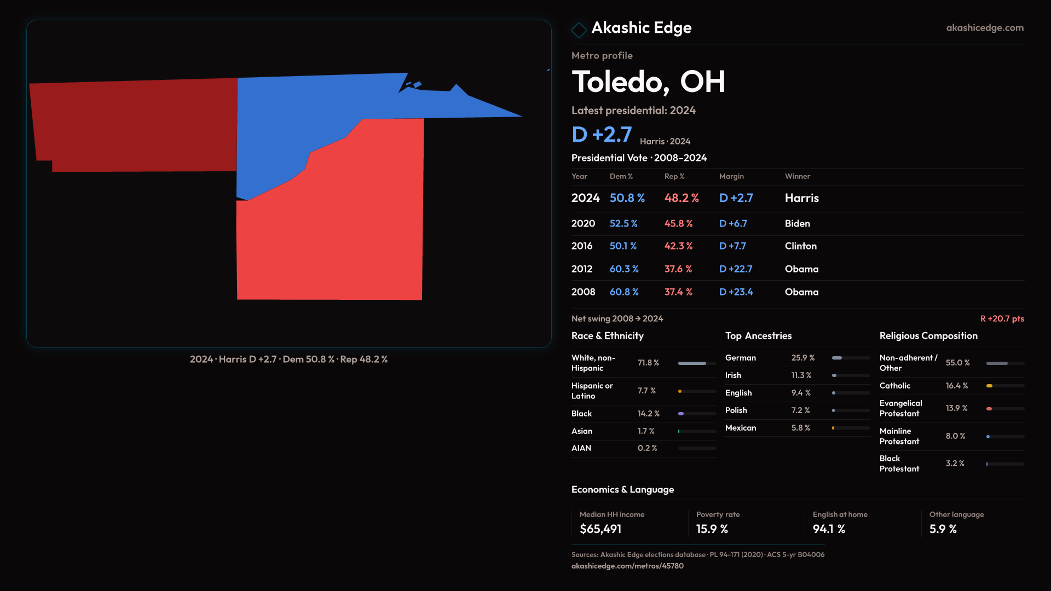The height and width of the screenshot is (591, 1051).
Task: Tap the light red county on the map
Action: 339,230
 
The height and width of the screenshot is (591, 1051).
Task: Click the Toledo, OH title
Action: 649,82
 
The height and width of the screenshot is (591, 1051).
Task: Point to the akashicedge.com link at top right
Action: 985,28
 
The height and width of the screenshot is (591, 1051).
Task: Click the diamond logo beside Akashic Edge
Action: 579,30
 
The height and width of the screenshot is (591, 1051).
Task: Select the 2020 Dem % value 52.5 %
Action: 623,224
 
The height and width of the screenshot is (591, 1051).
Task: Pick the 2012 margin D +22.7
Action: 736,269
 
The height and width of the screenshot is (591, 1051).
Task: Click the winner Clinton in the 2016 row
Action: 800,246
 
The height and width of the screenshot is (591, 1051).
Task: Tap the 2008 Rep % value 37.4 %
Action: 678,292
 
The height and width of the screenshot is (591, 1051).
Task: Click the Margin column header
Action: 731,176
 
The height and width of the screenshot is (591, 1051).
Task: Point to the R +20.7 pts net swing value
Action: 1002,318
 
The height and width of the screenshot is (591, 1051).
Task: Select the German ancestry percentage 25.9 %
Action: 803,358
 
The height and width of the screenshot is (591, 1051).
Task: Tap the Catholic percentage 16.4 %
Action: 957,386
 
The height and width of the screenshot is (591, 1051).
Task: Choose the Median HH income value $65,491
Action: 600,529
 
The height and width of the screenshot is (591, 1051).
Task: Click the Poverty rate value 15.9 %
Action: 712,529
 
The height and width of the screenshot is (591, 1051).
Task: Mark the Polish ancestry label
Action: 736,410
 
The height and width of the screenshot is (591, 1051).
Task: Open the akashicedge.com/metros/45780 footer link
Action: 627,566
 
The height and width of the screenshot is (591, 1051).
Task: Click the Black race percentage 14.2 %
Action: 649,414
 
